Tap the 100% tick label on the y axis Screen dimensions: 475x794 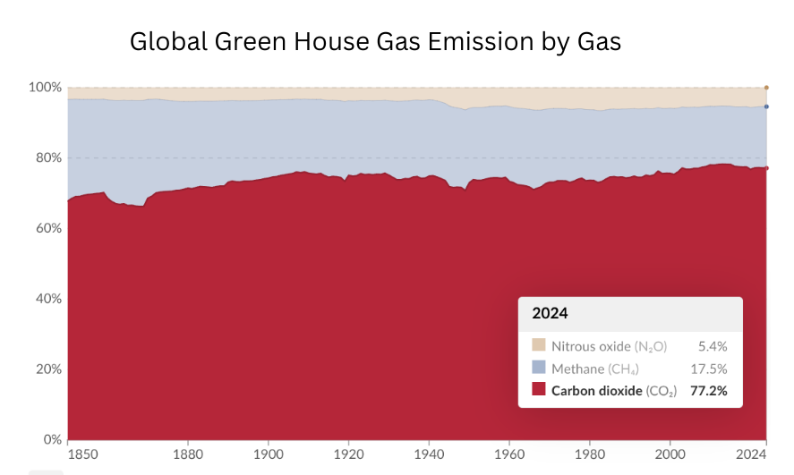pos(44,88)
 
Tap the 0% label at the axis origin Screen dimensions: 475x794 pos(50,440)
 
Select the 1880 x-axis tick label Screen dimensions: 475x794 pos(188,454)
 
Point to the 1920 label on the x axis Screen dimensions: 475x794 pos(348,454)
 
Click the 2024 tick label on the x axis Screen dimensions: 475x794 pos(753,454)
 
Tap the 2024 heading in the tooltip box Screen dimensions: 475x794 pos(550,314)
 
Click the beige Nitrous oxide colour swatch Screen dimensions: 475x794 pos(538,345)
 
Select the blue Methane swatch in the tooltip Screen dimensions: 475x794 pos(538,368)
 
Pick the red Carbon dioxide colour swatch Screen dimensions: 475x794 pos(538,390)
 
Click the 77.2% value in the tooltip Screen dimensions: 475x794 pos(707,390)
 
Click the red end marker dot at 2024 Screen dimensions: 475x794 pos(766,168)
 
